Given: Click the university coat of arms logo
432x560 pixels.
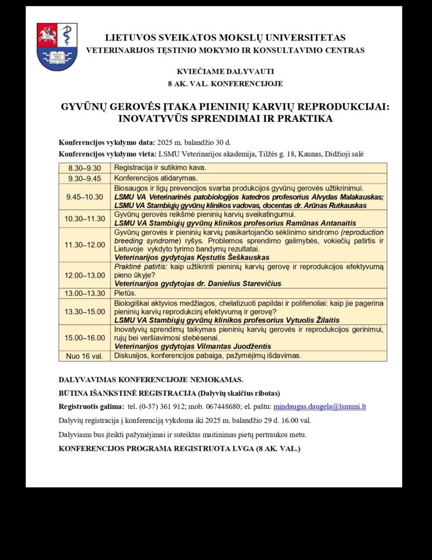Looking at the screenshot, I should click(x=57, y=46).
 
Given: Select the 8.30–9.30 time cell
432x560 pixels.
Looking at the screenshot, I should click(x=85, y=168).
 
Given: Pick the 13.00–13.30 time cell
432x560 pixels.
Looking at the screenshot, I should click(x=85, y=293).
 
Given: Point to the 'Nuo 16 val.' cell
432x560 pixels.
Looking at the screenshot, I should click(x=85, y=355).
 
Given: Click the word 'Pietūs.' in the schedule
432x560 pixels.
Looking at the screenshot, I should click(x=126, y=293).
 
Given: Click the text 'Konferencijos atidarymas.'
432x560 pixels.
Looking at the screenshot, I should click(x=156, y=178).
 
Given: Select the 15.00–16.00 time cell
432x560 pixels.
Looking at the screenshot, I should click(x=85, y=337).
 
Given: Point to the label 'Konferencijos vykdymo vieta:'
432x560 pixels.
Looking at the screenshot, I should click(x=108, y=154).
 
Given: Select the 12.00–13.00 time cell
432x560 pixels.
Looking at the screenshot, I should click(x=85, y=275).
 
